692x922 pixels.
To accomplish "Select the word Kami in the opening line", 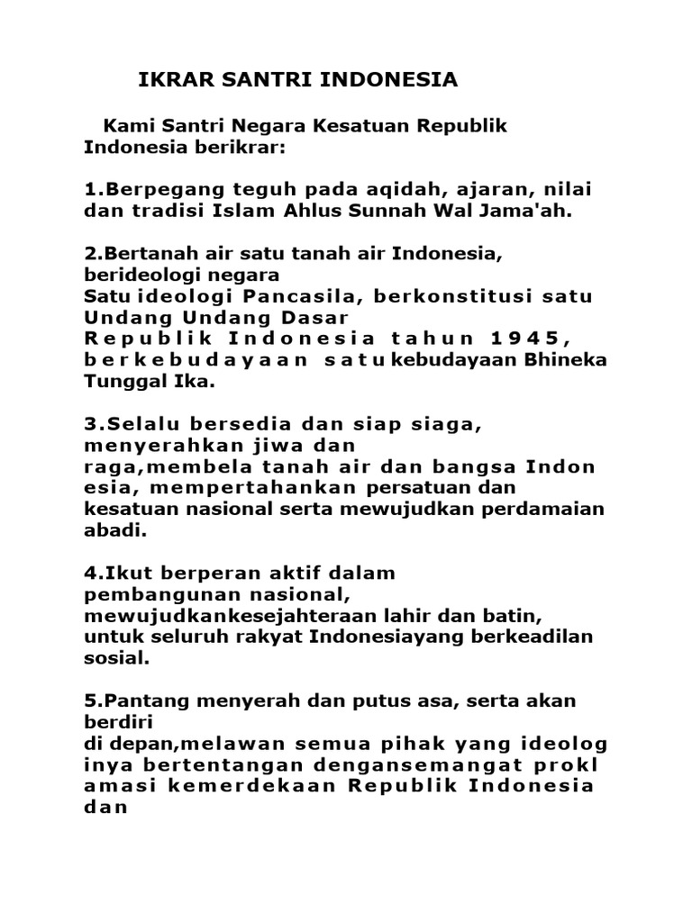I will tap(128, 126).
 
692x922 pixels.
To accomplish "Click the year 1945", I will tap(536, 339).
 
